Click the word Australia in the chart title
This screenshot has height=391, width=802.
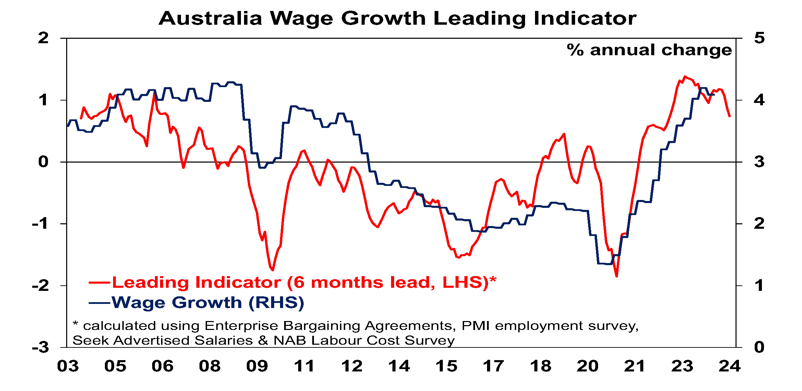[210, 18]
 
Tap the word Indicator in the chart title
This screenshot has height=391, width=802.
[585, 18]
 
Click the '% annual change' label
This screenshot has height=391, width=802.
[649, 50]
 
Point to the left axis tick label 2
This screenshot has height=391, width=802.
[43, 38]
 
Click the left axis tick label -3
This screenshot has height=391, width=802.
[40, 348]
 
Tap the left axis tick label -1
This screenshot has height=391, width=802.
[40, 224]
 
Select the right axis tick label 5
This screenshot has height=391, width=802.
[759, 38]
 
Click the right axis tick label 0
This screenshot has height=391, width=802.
[759, 347]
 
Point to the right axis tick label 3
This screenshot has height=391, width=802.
[759, 162]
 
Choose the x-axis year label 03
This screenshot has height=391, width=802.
[68, 366]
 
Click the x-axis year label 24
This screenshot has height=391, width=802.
[729, 366]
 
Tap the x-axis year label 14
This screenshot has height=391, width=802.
[399, 366]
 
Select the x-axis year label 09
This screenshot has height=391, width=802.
[257, 366]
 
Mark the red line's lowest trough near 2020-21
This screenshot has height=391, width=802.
[617, 276]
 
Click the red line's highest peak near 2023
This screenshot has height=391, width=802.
[685, 76]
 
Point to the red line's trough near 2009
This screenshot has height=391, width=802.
[272, 270]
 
